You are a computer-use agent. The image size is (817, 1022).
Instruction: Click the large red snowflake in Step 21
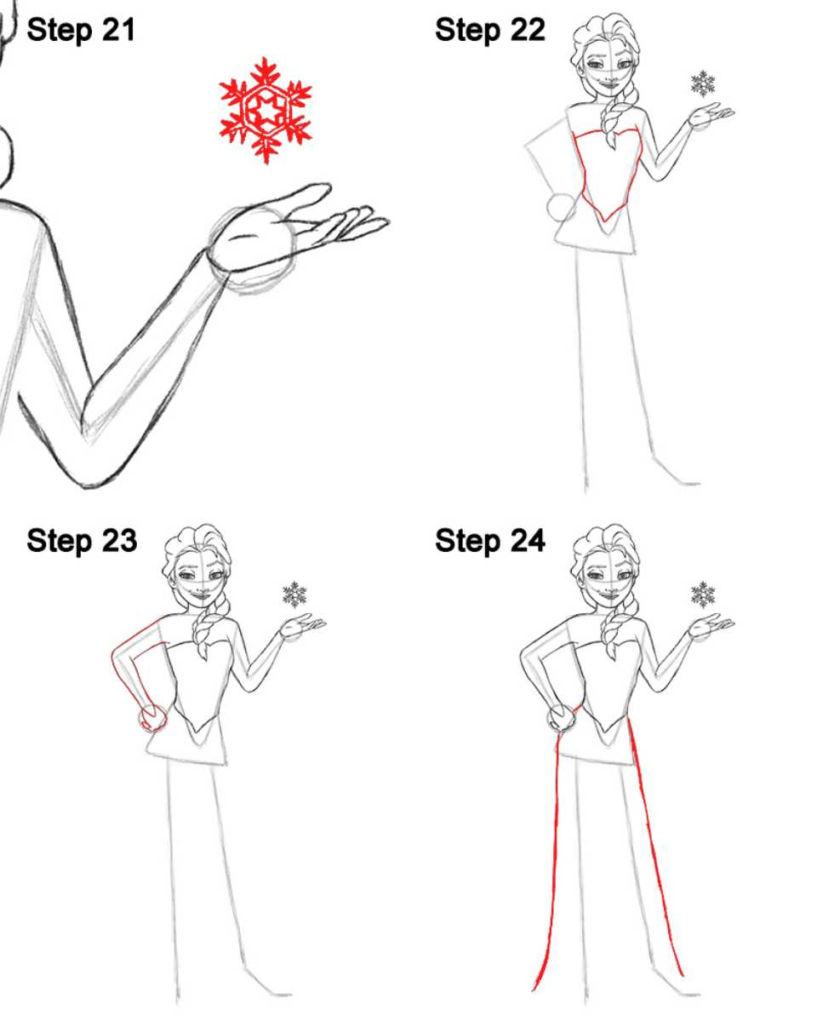[x=265, y=110]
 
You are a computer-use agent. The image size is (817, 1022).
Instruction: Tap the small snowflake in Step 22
[x=703, y=84]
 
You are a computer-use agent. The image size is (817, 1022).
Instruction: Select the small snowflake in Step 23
[x=294, y=594]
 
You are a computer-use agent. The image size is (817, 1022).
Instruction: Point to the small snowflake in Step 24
[x=703, y=594]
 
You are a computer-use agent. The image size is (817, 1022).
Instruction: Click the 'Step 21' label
[x=81, y=31]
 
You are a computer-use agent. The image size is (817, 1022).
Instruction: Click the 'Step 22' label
[x=489, y=31]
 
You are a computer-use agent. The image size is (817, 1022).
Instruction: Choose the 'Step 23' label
[x=82, y=541]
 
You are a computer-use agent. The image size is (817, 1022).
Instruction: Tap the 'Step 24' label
[x=489, y=541]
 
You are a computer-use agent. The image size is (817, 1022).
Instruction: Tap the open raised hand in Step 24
[x=711, y=627]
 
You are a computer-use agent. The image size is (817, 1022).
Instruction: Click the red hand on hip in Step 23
[x=153, y=719]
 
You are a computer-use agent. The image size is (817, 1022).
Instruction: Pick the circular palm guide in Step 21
[x=252, y=250]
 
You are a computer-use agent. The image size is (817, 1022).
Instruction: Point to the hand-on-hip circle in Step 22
[x=561, y=207]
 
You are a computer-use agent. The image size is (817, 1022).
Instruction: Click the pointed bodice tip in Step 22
[x=605, y=221]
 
